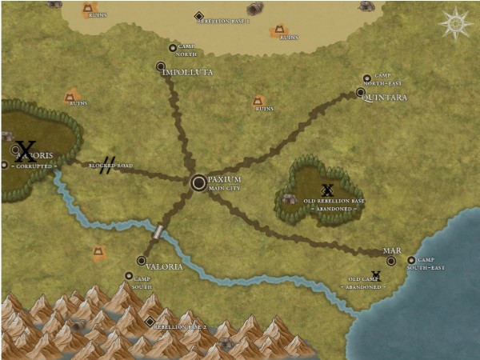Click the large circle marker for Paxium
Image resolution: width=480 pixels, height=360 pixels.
click(199, 182)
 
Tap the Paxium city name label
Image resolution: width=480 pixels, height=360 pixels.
click(224, 179)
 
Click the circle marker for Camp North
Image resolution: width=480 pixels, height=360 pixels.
click(173, 48)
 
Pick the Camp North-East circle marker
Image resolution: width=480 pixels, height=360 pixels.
click(367, 78)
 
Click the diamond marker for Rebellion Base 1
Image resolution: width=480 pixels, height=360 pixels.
click(199, 15)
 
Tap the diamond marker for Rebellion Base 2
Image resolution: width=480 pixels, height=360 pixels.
click(150, 322)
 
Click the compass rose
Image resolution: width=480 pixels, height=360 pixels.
click(455, 23)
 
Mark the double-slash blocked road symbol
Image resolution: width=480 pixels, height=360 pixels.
click(108, 164)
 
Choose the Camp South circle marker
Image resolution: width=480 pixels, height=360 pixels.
click(128, 276)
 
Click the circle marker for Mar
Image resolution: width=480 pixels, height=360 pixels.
click(391, 260)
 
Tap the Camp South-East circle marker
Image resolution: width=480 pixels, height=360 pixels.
click(411, 260)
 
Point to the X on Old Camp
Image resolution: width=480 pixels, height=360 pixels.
click(376, 276)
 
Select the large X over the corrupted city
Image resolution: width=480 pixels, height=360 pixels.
click(26, 150)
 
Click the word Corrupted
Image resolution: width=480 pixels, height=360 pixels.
click(33, 166)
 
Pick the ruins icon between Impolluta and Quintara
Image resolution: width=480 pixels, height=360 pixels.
click(258, 102)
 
